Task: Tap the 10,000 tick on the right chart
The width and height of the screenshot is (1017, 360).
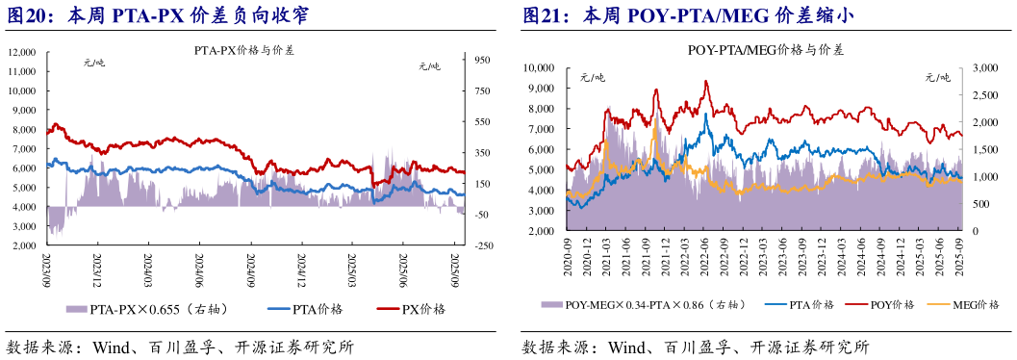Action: tap(539, 67)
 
